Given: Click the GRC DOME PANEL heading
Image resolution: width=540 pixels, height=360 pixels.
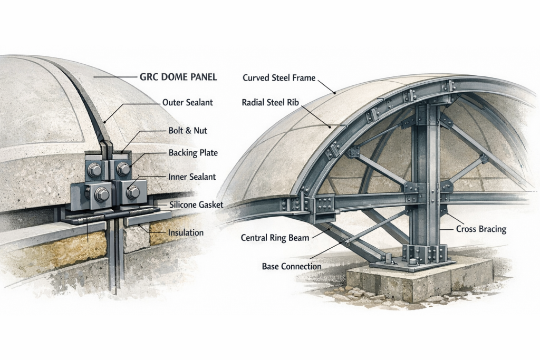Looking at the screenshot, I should [x=178, y=77].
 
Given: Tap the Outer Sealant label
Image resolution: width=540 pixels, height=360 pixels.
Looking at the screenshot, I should [x=188, y=103].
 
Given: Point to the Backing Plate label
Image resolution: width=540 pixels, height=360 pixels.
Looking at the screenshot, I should [x=193, y=153].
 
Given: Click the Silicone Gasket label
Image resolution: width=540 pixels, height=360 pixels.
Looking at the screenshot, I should [x=196, y=205].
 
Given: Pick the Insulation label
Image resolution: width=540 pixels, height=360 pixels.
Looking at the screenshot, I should [x=186, y=232].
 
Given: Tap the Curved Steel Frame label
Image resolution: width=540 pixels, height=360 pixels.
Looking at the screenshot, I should [x=279, y=78].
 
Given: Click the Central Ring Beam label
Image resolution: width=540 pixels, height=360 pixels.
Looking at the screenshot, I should [x=275, y=238].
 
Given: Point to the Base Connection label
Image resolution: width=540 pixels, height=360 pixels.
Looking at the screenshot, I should [x=291, y=267].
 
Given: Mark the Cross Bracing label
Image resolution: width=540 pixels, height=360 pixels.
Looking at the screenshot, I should [x=480, y=229].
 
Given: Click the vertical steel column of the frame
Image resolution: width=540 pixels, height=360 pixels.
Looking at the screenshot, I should [x=425, y=174].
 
